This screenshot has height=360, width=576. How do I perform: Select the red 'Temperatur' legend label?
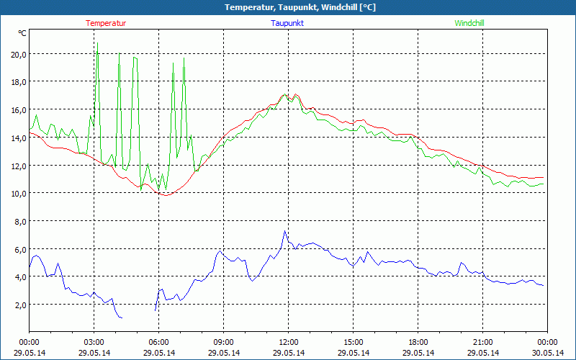point(106,23)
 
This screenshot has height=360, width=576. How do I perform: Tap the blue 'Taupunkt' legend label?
point(288,23)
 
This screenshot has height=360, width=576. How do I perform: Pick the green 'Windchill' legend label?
point(469,23)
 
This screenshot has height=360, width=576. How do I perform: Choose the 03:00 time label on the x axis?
point(94,342)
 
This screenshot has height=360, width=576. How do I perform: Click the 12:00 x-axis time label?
point(288,342)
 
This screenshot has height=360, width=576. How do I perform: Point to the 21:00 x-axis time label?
point(482,342)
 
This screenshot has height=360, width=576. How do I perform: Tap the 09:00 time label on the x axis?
point(223,342)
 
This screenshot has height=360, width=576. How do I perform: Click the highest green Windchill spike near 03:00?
point(97,43)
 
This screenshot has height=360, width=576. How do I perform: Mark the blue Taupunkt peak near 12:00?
point(284,231)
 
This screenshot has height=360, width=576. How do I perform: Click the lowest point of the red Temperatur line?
point(166,194)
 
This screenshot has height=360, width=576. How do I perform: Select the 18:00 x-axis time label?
point(418,342)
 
